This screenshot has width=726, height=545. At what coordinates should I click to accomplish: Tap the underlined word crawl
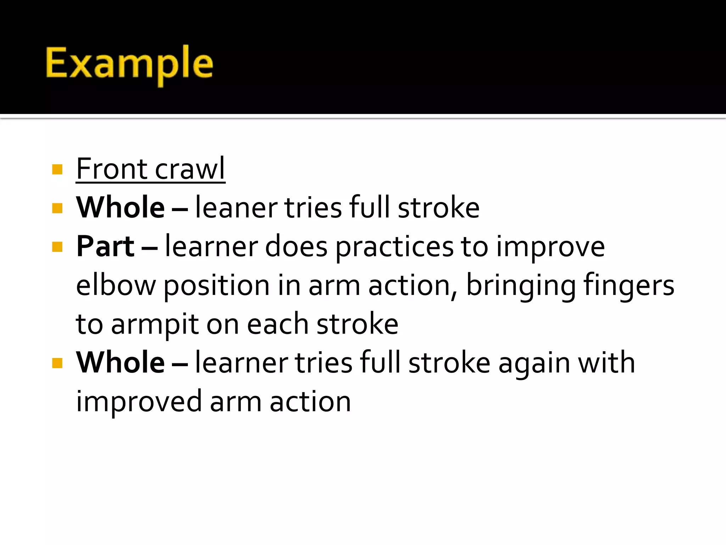tap(190, 169)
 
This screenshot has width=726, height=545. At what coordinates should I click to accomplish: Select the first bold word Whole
tap(121, 208)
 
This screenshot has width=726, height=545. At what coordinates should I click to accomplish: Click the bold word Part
tap(105, 246)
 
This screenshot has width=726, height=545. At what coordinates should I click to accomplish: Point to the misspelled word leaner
tap(236, 208)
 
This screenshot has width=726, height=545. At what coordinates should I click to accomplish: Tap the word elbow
tap(116, 285)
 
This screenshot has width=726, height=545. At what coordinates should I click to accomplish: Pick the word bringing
tap(521, 286)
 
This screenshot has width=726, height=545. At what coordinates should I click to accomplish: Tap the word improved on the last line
tap(139, 402)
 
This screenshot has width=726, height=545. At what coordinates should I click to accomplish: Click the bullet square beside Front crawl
tap(57, 169)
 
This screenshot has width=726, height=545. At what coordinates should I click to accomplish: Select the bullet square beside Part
tap(57, 247)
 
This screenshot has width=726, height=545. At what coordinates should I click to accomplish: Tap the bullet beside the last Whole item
tap(57, 363)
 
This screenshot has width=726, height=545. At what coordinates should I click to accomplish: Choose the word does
tap(296, 247)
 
